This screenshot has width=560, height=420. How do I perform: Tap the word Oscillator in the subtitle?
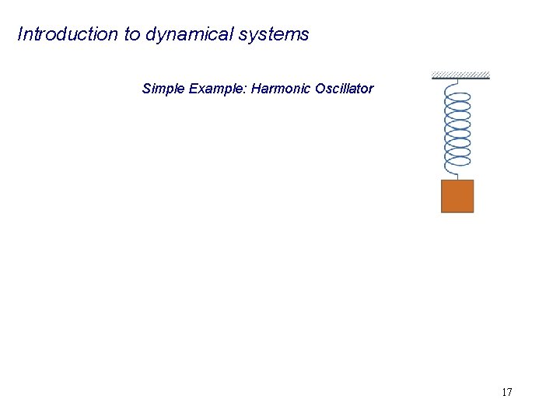345,89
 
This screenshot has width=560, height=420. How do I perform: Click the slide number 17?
506,392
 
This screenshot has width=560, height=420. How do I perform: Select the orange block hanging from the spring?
457,196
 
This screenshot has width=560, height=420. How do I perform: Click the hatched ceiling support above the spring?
460,75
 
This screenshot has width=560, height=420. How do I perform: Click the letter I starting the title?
19,34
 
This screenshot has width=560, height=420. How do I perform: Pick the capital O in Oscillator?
320,89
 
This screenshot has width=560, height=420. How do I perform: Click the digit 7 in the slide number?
509,392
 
